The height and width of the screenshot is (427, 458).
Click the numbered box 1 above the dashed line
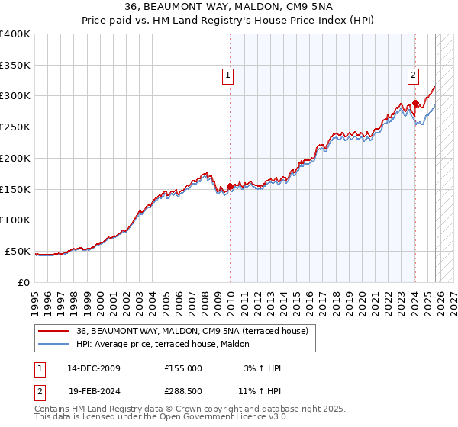(228, 75)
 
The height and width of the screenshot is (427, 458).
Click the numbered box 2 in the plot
(413, 75)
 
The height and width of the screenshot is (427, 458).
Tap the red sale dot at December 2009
(231, 186)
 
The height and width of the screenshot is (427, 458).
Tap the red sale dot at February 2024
(415, 104)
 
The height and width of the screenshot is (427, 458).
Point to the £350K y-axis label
(15, 66)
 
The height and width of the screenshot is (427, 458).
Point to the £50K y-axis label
(18, 251)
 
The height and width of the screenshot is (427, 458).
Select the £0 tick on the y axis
(23, 282)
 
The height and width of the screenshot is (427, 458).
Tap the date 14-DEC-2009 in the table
(93, 368)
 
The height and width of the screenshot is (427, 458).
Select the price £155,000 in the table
(183, 368)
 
